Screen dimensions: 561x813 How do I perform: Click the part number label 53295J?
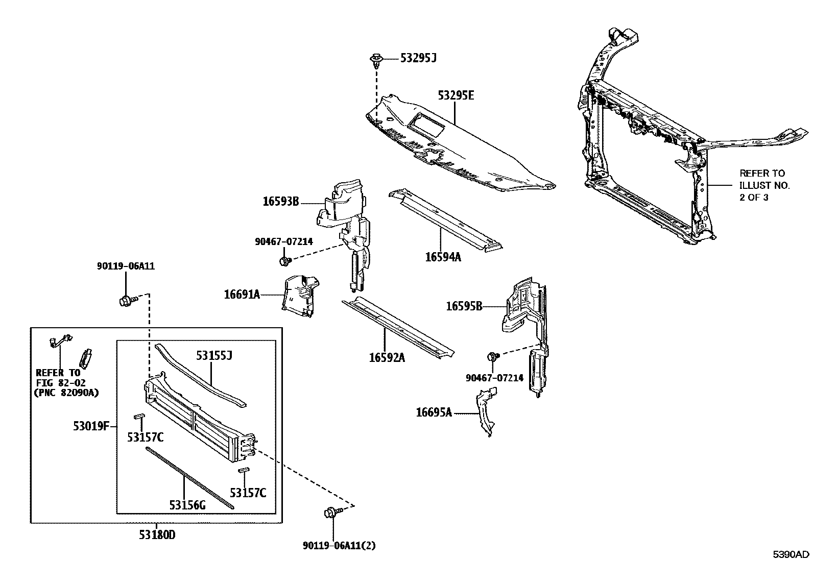(418, 58)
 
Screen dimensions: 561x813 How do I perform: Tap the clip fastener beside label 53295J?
(376, 60)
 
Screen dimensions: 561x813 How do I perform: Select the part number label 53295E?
(456, 95)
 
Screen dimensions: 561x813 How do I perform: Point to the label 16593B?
(281, 202)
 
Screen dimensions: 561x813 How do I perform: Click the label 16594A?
(443, 257)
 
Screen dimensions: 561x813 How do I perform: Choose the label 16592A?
(387, 358)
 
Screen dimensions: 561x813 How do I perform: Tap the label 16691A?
(242, 294)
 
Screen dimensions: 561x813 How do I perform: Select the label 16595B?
(464, 306)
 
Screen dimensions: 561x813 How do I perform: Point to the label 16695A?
(434, 412)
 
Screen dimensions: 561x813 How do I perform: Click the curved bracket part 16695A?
(486, 411)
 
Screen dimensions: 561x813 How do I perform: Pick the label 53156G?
(187, 505)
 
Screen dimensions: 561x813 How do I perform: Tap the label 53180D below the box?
(157, 535)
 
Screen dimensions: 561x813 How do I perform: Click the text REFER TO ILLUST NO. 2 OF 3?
(764, 185)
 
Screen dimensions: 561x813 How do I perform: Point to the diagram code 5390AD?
(791, 554)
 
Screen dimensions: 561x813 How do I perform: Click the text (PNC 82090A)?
(66, 393)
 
